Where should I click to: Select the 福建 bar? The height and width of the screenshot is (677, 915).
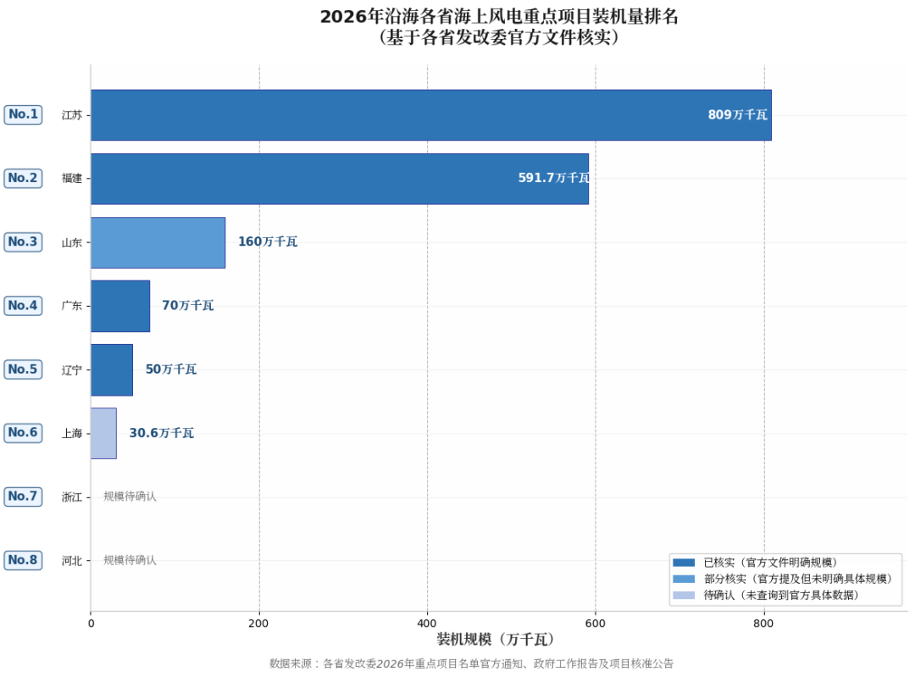click(339, 179)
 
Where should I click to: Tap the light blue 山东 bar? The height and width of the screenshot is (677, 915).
click(158, 242)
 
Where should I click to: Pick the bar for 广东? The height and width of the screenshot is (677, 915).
click(120, 306)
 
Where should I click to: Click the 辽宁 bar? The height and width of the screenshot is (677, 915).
click(112, 369)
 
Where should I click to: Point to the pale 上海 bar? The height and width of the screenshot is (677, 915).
click(103, 433)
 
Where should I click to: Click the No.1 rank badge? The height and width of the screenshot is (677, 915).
click(23, 114)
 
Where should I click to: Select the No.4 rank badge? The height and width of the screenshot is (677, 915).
click(23, 305)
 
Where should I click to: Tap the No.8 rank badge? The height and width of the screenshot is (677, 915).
click(23, 560)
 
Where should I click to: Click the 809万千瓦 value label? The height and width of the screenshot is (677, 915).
click(737, 115)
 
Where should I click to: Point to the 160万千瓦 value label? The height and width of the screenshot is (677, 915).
click(268, 242)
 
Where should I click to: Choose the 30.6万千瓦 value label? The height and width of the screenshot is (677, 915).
click(161, 433)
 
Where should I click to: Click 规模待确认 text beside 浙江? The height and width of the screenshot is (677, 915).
click(130, 497)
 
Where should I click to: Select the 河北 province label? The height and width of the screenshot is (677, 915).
click(72, 561)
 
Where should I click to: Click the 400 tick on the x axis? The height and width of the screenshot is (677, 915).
click(427, 624)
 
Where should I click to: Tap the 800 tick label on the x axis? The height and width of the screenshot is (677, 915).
click(763, 624)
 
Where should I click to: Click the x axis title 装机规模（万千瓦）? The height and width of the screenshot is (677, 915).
click(496, 640)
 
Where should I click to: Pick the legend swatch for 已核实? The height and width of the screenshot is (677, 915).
click(683, 563)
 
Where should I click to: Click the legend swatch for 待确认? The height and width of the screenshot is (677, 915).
click(683, 596)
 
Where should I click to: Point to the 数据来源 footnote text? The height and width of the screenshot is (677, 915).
click(471, 663)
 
